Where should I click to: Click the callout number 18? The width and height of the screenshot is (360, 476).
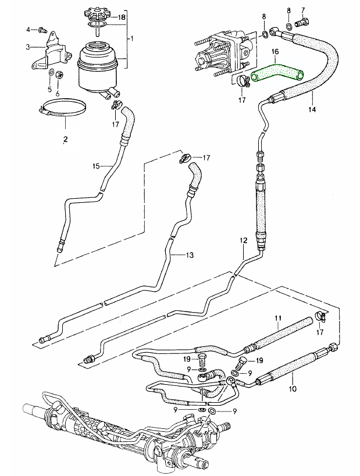coord(122,18)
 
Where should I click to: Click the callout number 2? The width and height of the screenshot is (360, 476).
coord(66,139)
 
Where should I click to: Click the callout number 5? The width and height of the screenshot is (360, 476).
coord(50,89)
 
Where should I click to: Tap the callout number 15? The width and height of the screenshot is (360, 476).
coord(97,166)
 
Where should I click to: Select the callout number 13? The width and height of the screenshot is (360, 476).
coord(190,255)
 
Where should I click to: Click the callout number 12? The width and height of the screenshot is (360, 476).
coord(244,240)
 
